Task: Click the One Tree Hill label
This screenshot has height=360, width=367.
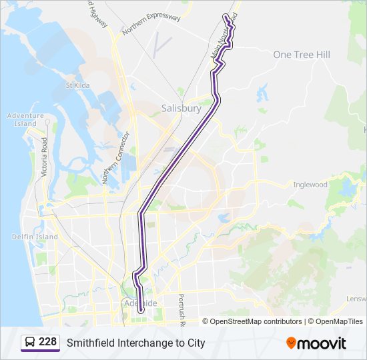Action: pos(302,55)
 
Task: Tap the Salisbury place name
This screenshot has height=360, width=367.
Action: pos(181,108)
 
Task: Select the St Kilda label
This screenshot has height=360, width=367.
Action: pos(77,85)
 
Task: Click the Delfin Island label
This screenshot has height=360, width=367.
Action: pos(35,237)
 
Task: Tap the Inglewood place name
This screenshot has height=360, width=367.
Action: pos(311,185)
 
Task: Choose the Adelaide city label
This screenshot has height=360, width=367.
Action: pos(141,303)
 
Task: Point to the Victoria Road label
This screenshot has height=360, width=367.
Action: pos(45,157)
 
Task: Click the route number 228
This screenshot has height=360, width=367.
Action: pos(47,342)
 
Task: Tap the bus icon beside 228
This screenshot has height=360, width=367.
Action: pos(30,343)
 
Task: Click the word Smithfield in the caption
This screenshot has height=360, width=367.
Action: pos(91,343)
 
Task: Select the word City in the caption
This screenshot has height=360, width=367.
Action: pos(195,343)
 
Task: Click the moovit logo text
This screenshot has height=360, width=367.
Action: pos(322,343)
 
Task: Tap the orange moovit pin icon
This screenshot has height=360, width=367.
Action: pos(292,343)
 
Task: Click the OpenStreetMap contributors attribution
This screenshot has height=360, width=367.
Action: pos(256,321)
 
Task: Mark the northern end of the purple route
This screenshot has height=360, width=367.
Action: pos(226,15)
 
